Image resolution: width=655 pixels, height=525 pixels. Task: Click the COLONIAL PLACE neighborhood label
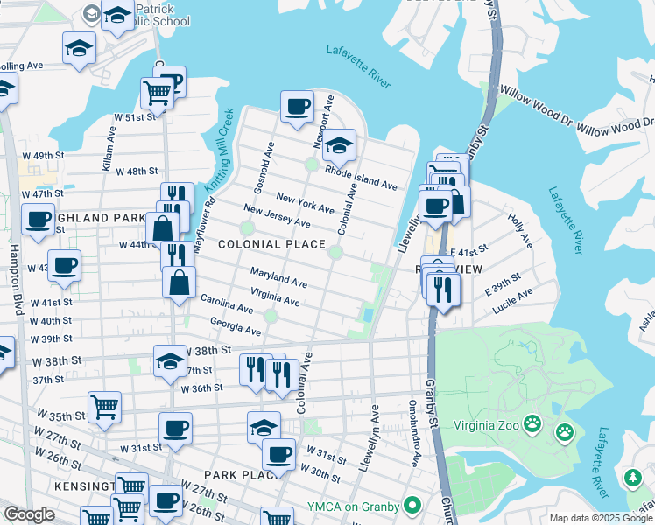tap(271, 244)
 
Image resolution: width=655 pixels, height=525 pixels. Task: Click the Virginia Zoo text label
tap(476, 426)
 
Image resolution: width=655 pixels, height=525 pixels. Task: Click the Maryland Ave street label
tap(278, 277)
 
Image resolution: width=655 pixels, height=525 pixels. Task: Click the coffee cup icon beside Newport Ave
tap(297, 107)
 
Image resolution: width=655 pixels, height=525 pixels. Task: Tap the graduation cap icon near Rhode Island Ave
tap(339, 144)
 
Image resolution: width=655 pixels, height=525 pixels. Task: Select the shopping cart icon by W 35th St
tap(104, 406)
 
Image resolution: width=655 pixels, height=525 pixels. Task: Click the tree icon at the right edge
tap(632, 478)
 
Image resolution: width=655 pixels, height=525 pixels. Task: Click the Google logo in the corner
tap(29, 514)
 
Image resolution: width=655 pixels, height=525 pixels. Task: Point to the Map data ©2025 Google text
tap(600, 519)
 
